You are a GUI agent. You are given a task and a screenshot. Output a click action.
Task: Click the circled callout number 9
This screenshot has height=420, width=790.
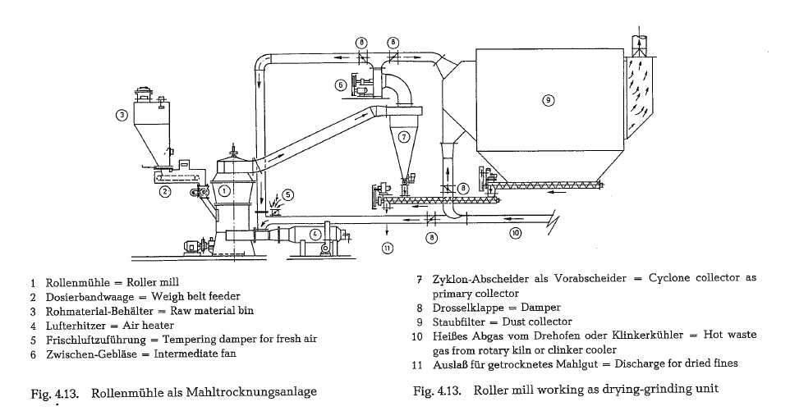tap(548, 100)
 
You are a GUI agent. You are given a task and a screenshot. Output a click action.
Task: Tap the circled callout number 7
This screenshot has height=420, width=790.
tap(403, 138)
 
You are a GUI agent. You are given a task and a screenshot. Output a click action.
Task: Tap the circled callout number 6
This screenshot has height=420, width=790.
tap(340, 84)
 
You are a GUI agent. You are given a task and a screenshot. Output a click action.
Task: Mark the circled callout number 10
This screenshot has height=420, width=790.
tap(515, 232)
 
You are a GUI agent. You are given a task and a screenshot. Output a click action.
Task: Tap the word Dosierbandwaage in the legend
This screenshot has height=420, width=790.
tap(80, 297)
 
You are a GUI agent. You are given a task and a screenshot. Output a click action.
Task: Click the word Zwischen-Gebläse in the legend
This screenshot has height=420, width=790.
tap(81, 353)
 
